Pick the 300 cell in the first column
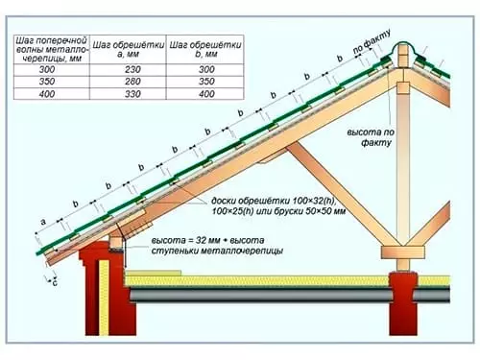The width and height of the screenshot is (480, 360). [x=48, y=70]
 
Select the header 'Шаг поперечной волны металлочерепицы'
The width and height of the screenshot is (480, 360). [x=48, y=48]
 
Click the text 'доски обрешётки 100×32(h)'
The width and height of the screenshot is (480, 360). [x=260, y=200]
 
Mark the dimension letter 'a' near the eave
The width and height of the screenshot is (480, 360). [x=44, y=220]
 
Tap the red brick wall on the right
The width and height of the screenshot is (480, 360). [x=402, y=312]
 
